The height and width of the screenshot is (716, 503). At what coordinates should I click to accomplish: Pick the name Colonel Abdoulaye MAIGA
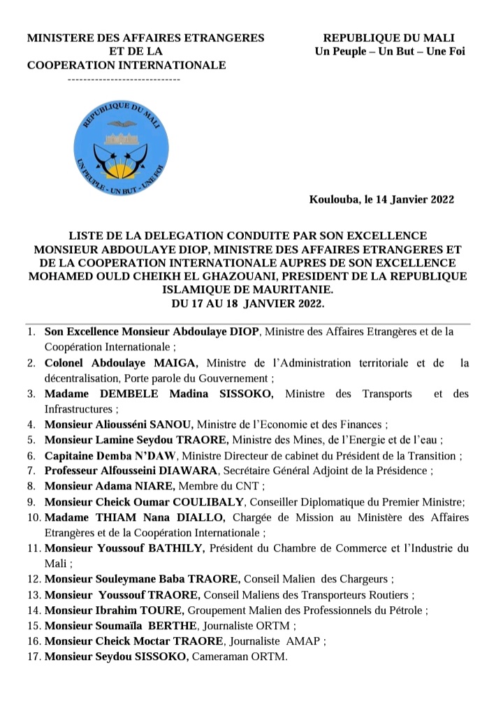point(122,362)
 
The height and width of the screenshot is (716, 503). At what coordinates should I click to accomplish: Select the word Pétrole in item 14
point(407,610)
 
